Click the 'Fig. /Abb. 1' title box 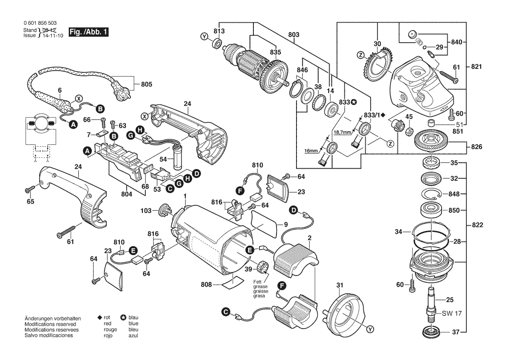click(x=89, y=33)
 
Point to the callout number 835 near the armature click(x=275, y=52)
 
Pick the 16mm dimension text click(x=311, y=150)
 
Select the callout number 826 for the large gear click(x=476, y=147)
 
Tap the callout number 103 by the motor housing click(x=146, y=211)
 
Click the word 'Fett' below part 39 click(x=257, y=282)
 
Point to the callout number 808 click(x=206, y=285)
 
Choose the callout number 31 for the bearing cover click(x=340, y=285)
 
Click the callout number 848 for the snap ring click(x=454, y=194)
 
